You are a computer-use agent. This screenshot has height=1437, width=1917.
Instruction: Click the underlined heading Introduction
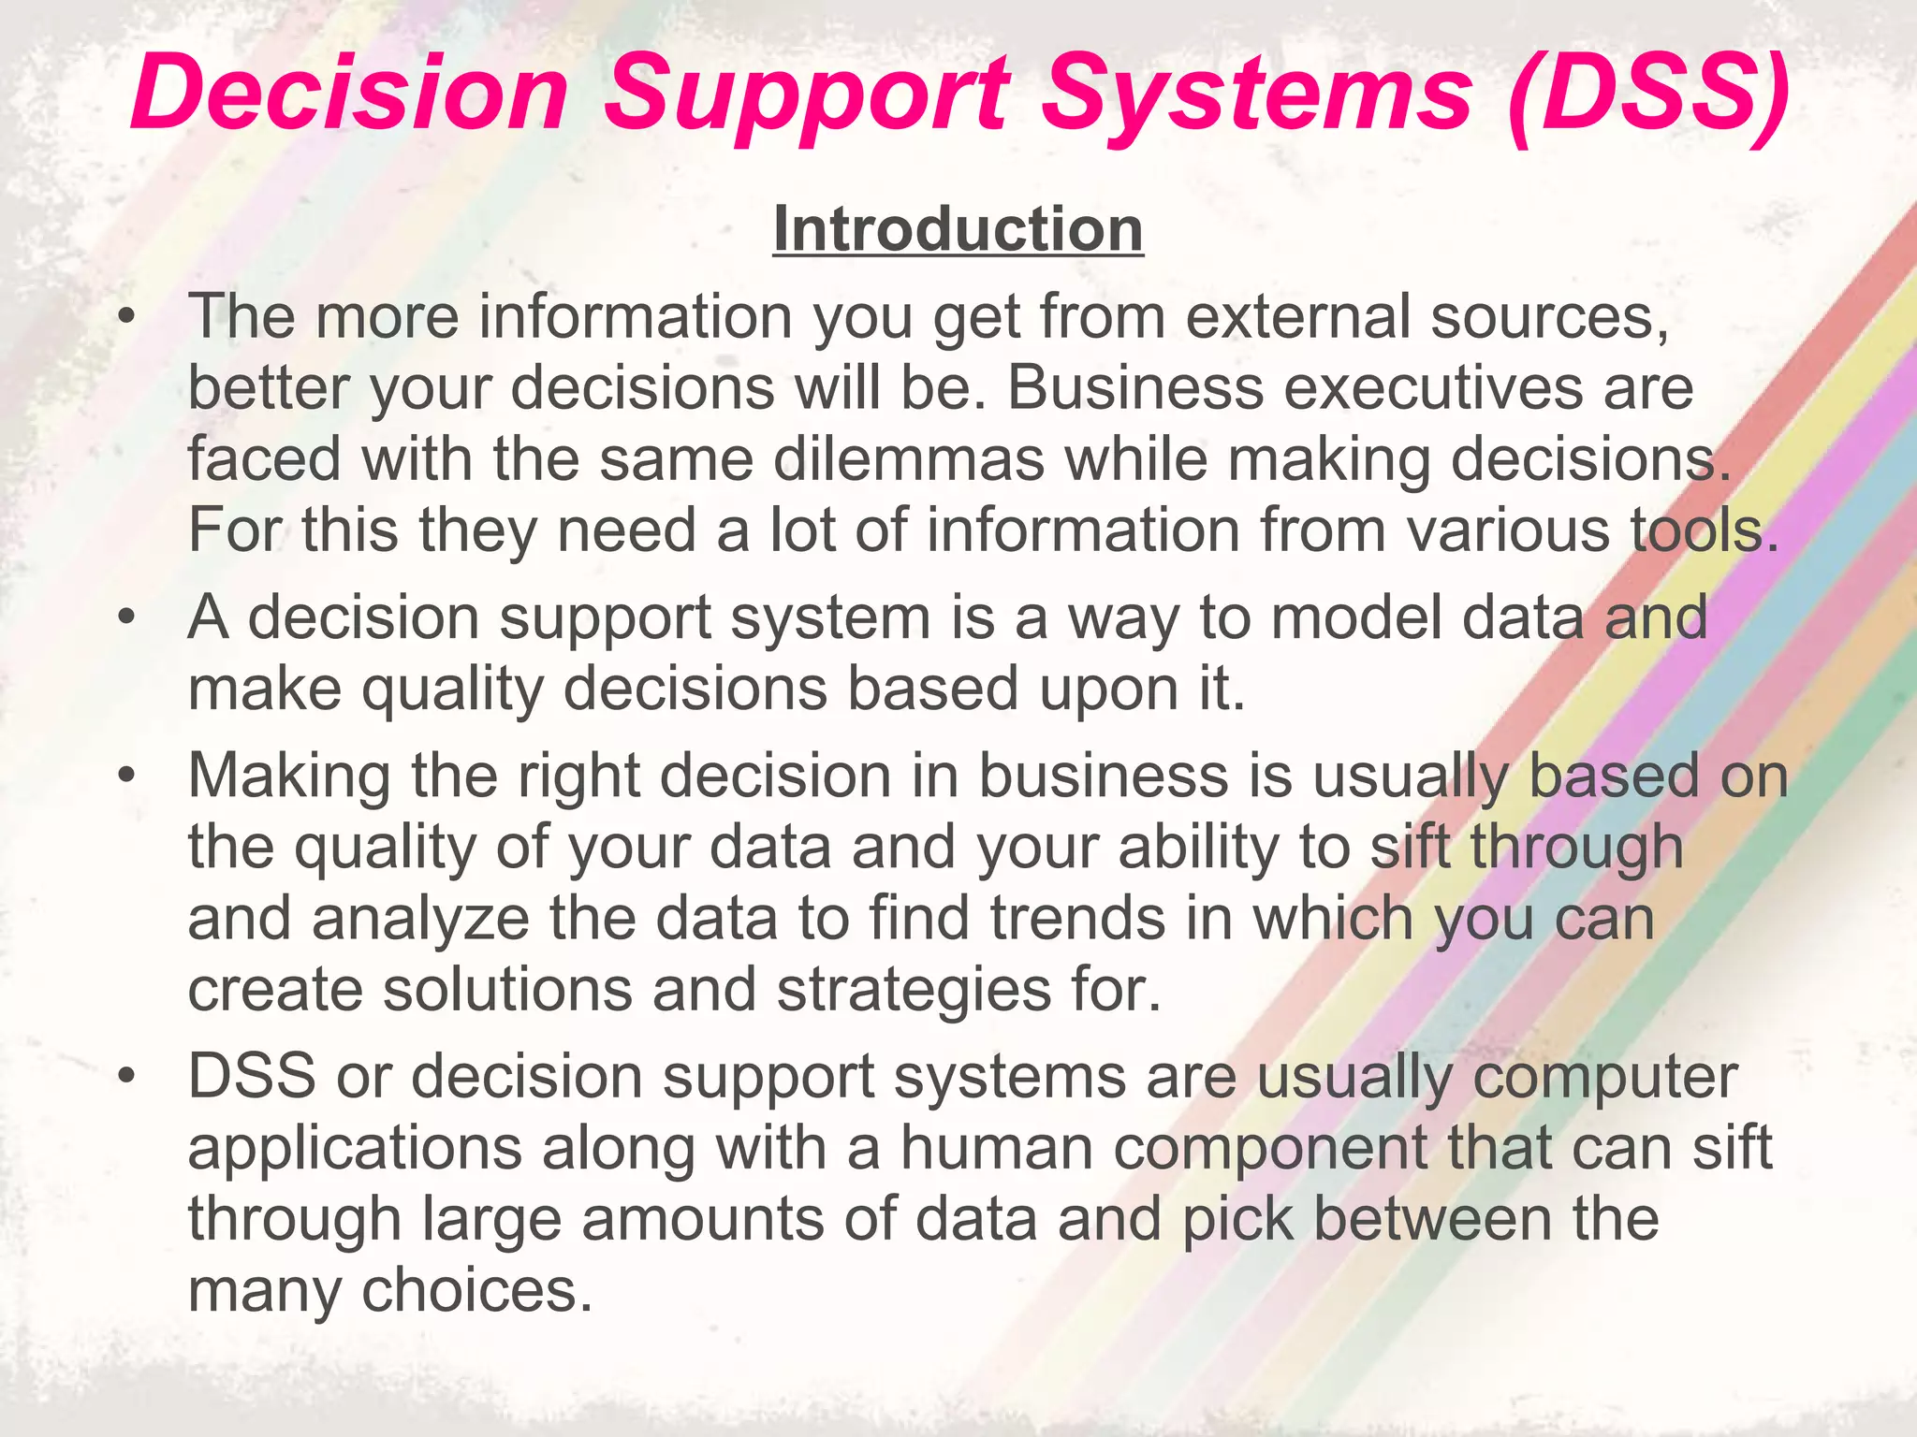(x=958, y=229)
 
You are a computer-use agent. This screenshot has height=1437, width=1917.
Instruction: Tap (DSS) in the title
(x=1648, y=94)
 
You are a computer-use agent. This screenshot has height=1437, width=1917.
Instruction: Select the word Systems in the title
(x=1256, y=94)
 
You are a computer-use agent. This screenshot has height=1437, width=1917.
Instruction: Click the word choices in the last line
(x=477, y=1291)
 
